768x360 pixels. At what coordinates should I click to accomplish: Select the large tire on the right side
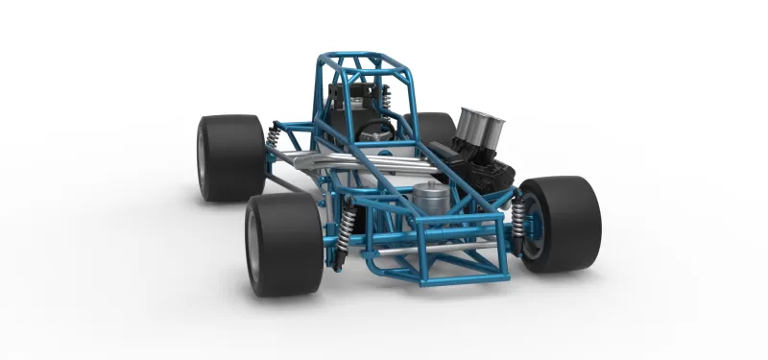566,224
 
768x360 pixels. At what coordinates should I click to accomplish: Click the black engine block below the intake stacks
485,173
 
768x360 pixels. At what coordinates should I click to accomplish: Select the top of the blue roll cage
365,60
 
